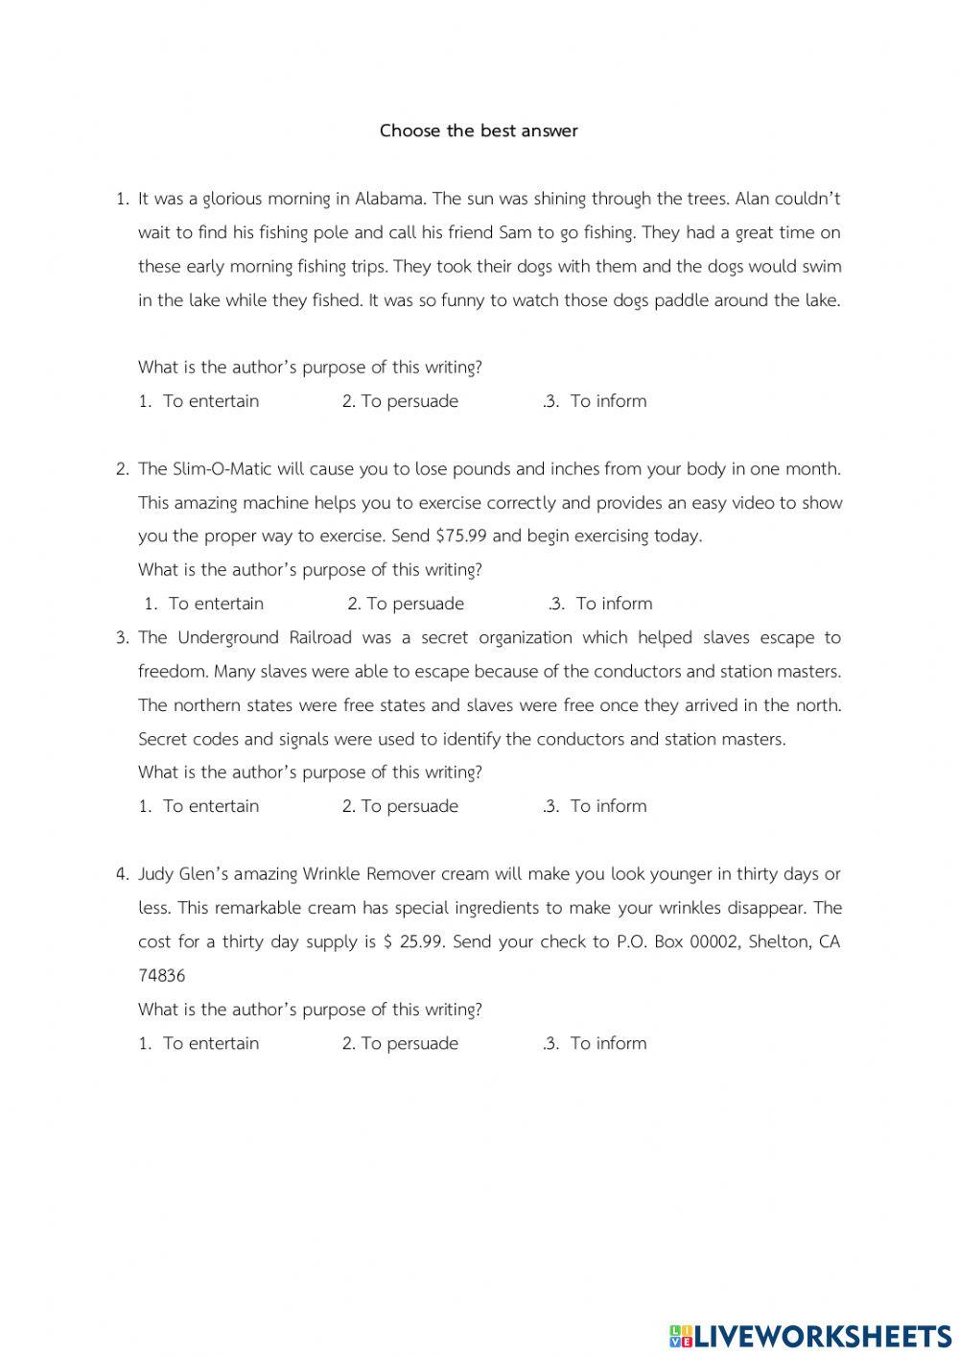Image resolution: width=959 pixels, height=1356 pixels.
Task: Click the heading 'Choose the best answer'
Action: (479, 131)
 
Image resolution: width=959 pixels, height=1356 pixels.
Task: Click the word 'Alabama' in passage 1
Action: (390, 199)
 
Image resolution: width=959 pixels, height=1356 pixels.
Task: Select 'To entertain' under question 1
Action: (210, 401)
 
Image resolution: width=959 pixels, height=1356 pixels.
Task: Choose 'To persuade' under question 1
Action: (409, 401)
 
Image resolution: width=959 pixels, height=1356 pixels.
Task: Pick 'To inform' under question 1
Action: (608, 401)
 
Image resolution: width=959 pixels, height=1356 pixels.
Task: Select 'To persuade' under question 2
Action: (415, 604)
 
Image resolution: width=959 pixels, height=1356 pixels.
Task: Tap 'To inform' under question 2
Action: (614, 604)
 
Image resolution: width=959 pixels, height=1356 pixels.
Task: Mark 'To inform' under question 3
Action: (608, 806)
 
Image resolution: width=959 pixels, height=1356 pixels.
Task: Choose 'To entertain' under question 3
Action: (210, 806)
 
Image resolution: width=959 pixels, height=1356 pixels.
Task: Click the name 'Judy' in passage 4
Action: (156, 874)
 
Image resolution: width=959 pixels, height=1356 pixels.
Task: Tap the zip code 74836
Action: (162, 976)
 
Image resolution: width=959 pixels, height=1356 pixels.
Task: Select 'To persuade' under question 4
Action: (409, 1043)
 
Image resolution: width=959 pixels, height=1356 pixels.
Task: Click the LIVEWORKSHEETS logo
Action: (810, 1335)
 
